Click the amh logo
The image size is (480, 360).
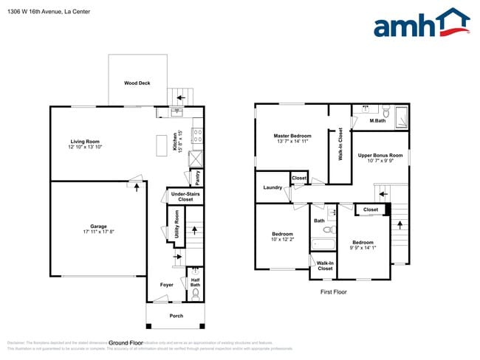(421, 24)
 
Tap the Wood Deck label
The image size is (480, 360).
(137, 83)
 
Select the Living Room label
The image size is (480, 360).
(85, 142)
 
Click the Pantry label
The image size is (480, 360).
(197, 177)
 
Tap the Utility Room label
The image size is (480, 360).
(176, 222)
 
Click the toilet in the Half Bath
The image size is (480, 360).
(196, 293)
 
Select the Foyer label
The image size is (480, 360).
(167, 284)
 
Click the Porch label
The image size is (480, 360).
(176, 316)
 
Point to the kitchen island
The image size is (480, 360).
(161, 146)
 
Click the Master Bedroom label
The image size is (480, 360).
(292, 136)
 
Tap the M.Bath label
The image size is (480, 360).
(377, 121)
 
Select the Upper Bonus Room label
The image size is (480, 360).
(380, 156)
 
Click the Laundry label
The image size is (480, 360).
(272, 187)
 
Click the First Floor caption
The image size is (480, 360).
(333, 292)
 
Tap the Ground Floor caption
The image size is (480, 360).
(126, 343)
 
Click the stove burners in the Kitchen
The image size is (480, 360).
(197, 136)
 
